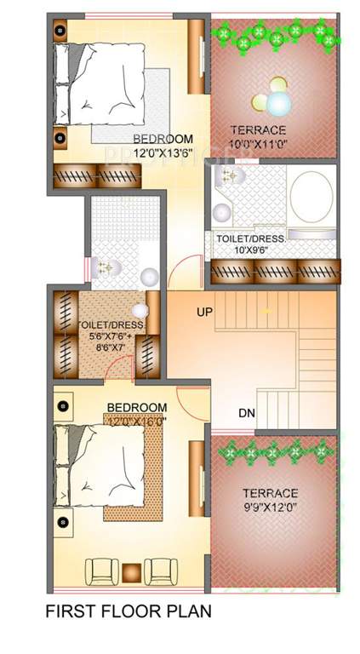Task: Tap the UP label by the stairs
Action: click(x=204, y=313)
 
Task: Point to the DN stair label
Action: click(x=247, y=414)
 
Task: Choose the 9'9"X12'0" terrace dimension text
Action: click(x=269, y=508)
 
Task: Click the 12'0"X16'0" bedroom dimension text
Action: click(x=136, y=421)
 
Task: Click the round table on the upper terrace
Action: click(x=277, y=103)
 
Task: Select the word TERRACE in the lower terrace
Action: click(x=270, y=493)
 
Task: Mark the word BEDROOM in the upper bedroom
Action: click(x=163, y=139)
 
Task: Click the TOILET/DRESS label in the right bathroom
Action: click(x=249, y=239)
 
